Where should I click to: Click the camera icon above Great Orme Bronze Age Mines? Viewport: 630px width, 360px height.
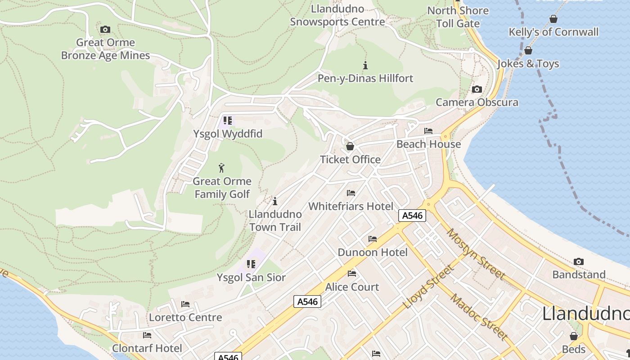click(x=105, y=30)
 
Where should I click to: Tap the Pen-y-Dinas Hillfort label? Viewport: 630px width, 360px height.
click(x=365, y=78)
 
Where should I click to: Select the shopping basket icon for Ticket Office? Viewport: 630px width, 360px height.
click(x=350, y=146)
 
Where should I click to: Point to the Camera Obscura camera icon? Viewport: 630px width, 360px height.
click(x=477, y=89)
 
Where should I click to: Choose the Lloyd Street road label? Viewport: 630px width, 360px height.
click(x=428, y=287)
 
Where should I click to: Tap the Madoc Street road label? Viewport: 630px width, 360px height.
click(x=479, y=317)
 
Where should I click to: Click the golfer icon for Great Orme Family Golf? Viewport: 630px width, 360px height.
click(x=221, y=168)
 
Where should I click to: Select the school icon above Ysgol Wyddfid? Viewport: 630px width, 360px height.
click(x=228, y=121)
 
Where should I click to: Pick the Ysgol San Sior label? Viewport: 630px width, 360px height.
click(x=251, y=277)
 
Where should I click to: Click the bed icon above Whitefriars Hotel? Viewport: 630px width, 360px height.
click(x=351, y=193)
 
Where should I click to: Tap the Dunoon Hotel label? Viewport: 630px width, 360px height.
click(x=373, y=252)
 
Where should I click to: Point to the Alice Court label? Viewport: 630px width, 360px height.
click(x=352, y=287)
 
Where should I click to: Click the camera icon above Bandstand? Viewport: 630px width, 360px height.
click(x=579, y=261)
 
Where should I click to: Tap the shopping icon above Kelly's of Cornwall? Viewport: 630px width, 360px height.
click(x=553, y=19)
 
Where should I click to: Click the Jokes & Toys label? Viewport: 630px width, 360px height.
click(x=528, y=63)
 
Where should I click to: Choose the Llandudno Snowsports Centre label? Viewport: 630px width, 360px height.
click(x=337, y=15)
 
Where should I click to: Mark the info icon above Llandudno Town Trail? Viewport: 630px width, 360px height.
click(x=275, y=201)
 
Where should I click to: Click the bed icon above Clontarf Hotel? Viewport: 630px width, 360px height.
click(x=147, y=335)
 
